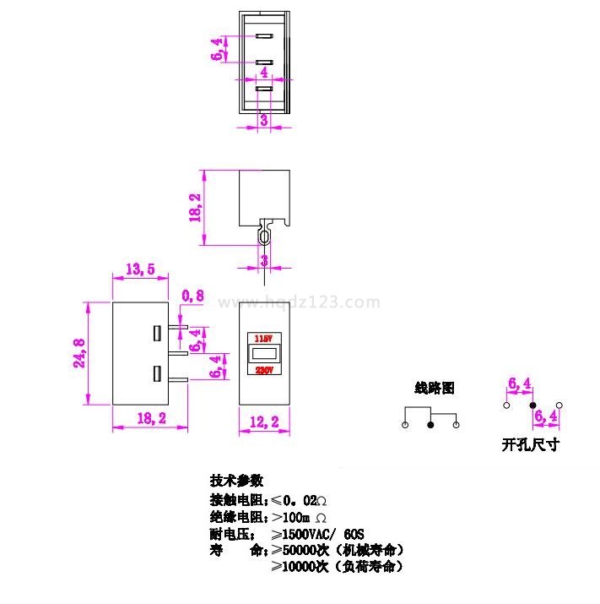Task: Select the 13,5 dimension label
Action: pos(139,269)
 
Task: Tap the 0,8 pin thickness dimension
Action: pos(193,295)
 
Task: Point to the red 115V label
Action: pos(264,336)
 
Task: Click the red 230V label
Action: pos(264,369)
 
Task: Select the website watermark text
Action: pos(300,302)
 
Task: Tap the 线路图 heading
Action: pos(435,389)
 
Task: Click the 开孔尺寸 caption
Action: pos(530,443)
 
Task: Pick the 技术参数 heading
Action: pos(237,480)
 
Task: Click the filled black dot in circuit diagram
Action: pos(431,424)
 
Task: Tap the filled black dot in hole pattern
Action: pos(532,405)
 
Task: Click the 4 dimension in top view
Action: pos(264,73)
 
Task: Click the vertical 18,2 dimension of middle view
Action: pos(196,207)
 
